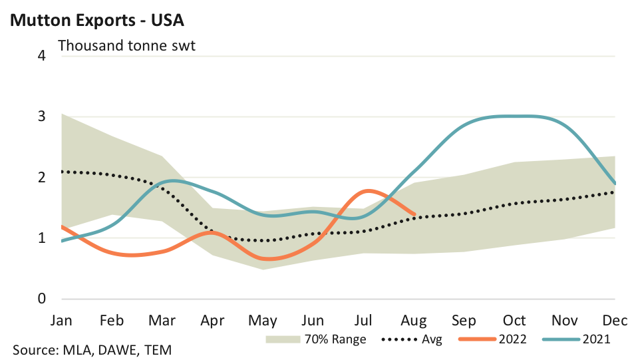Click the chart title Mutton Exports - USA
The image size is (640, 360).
(96, 21)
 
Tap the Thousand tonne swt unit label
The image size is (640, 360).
(126, 47)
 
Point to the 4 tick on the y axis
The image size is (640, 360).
(42, 55)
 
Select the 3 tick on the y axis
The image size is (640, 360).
(42, 116)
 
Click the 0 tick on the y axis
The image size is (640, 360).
(42, 299)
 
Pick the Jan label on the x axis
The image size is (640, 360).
(61, 320)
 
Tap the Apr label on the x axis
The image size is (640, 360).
(212, 320)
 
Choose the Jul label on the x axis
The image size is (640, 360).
(364, 320)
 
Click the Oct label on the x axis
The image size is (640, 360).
(515, 320)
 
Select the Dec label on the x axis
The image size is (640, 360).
(615, 320)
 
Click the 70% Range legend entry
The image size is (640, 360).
(315, 339)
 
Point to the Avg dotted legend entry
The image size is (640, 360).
(412, 339)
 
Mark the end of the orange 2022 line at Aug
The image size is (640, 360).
(414, 214)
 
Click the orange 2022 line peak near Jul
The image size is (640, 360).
(367, 191)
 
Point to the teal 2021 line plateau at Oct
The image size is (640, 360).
(515, 116)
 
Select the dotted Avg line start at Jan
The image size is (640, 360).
(62, 172)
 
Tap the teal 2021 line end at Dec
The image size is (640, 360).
(615, 183)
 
